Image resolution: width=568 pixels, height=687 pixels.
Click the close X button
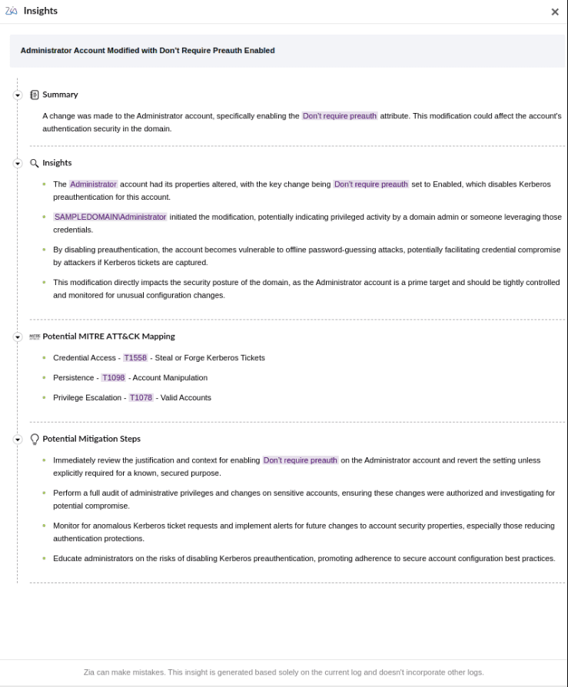pyautogui.click(x=555, y=12)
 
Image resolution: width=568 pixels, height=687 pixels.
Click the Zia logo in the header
pyautogui.click(x=12, y=11)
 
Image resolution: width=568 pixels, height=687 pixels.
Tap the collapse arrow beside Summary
pyautogui.click(x=18, y=95)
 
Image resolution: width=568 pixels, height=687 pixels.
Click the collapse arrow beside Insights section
pyautogui.click(x=18, y=164)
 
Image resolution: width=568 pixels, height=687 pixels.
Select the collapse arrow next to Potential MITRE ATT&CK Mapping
pyautogui.click(x=18, y=337)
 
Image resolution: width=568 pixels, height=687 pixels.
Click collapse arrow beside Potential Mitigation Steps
pyautogui.click(x=18, y=440)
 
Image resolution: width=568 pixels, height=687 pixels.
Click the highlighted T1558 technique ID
pyautogui.click(x=135, y=358)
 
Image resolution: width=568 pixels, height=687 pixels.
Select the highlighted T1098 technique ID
pyautogui.click(x=113, y=378)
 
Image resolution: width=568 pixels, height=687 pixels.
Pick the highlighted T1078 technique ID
pyautogui.click(x=141, y=398)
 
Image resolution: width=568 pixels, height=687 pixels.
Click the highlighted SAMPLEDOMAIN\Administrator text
pyautogui.click(x=110, y=217)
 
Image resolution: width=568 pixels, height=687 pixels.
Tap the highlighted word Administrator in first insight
pyautogui.click(x=93, y=184)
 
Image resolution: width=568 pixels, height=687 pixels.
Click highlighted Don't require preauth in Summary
pyautogui.click(x=340, y=116)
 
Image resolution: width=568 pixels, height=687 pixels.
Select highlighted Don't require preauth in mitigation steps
pyautogui.click(x=301, y=460)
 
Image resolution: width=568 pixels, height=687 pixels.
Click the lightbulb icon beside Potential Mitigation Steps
pyautogui.click(x=35, y=440)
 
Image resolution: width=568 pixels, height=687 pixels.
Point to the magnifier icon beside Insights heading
pyautogui.click(x=35, y=164)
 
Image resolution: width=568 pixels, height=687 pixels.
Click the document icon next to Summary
pyautogui.click(x=35, y=95)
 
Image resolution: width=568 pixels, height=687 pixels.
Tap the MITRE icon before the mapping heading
pyautogui.click(x=35, y=337)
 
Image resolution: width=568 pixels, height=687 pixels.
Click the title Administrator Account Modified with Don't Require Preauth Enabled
pyautogui.click(x=148, y=51)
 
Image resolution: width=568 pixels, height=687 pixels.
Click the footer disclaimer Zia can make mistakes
pyautogui.click(x=284, y=672)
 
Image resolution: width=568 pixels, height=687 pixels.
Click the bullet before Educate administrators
pyautogui.click(x=45, y=559)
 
